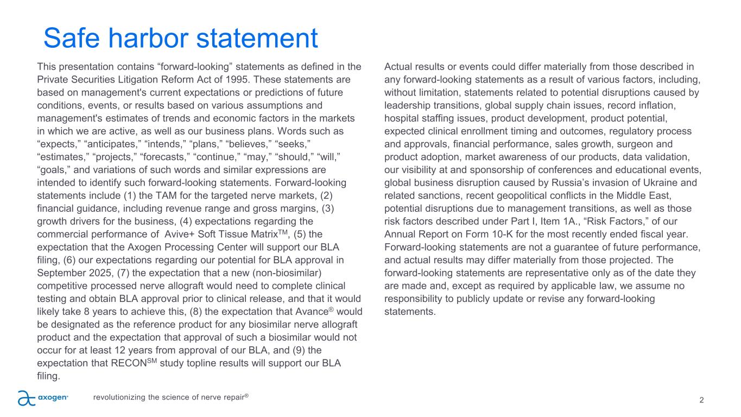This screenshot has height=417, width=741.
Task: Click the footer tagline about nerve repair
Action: [x=170, y=397]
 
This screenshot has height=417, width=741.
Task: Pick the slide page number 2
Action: [x=702, y=400]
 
